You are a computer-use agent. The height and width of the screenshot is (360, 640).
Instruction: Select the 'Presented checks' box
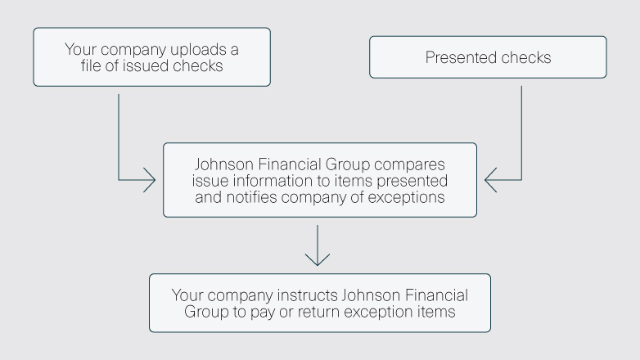(489, 57)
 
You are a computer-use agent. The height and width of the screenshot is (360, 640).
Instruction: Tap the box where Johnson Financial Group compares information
(319, 179)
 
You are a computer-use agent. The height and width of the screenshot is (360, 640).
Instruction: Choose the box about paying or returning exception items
(319, 303)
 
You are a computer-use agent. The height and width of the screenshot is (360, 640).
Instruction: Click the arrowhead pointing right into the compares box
(148, 179)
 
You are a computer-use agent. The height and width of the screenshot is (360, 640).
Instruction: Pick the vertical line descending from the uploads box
(119, 131)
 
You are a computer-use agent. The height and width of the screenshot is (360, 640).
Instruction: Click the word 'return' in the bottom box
(327, 311)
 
